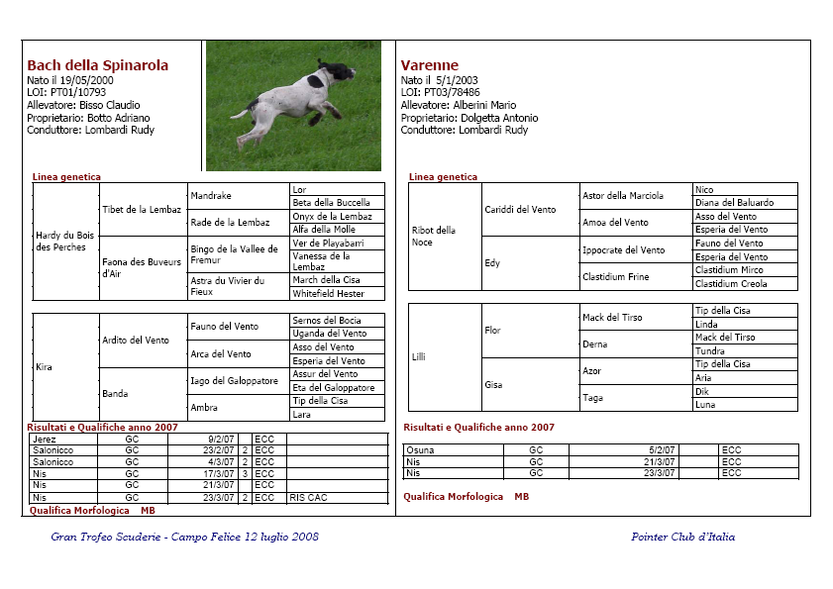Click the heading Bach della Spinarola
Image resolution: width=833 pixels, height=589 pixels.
click(97, 65)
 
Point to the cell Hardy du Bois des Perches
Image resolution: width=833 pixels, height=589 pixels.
click(64, 241)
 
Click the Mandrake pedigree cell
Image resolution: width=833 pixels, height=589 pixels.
click(211, 196)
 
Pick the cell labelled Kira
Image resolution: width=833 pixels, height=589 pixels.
click(44, 367)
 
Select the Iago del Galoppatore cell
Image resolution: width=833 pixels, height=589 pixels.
click(234, 381)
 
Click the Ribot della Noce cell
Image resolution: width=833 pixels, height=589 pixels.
click(434, 236)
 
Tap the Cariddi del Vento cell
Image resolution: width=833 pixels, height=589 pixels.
click(520, 209)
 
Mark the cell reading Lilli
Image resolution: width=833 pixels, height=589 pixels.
click(420, 356)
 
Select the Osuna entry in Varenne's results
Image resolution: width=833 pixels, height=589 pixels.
click(421, 450)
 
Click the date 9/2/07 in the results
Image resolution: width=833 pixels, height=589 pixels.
click(221, 439)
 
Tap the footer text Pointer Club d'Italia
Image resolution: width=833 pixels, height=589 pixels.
click(682, 538)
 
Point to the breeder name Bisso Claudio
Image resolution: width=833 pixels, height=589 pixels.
click(110, 105)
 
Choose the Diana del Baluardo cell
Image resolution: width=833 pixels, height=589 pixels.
click(734, 202)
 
